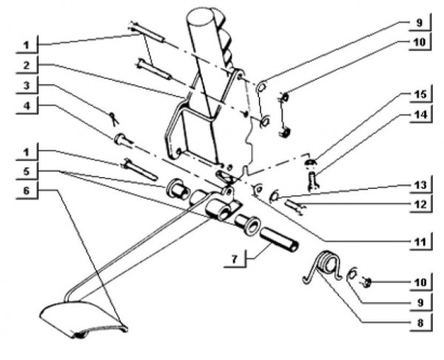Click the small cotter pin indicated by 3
click(x=112, y=117)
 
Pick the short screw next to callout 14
click(x=313, y=179)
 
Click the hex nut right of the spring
click(x=367, y=281)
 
